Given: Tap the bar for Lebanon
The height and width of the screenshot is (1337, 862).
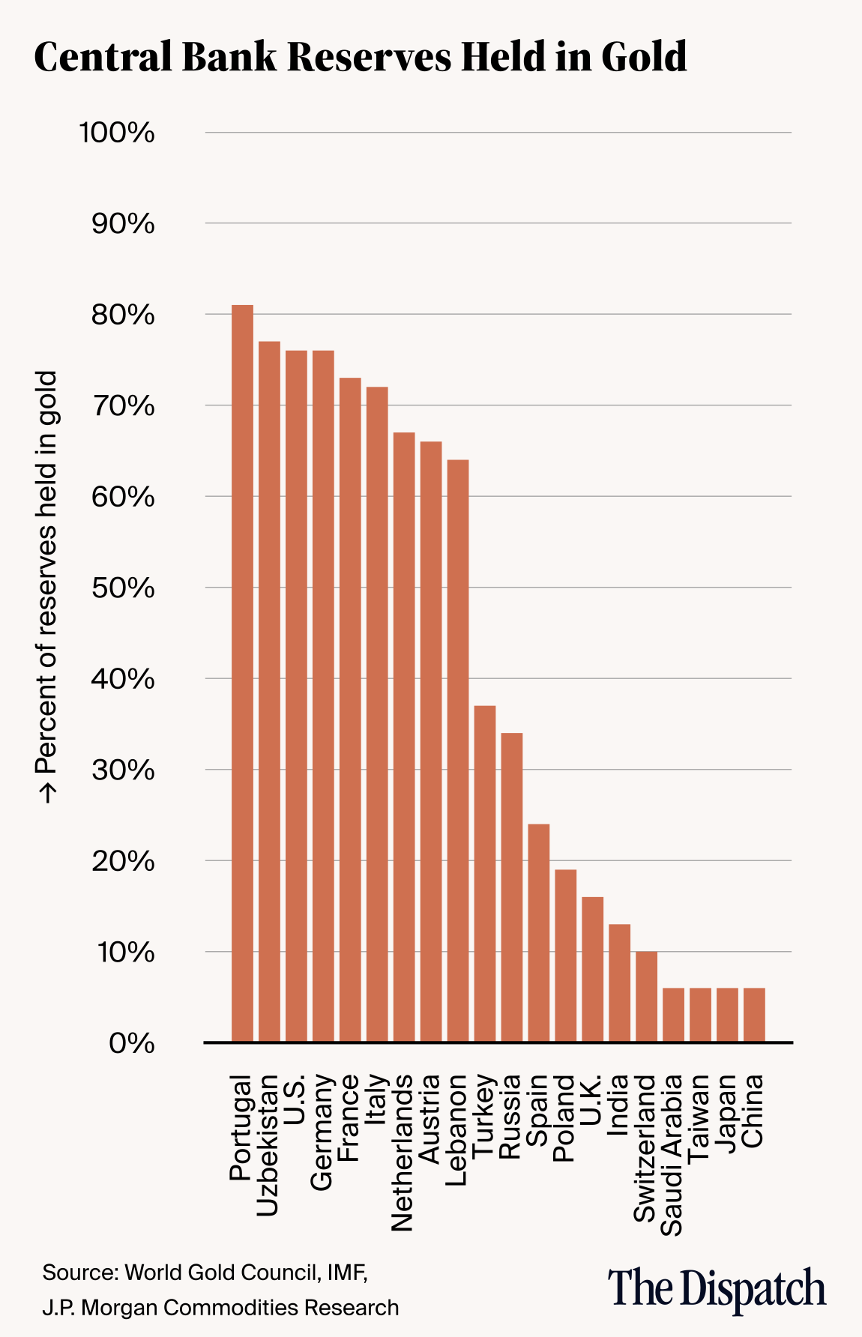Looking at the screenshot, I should pyautogui.click(x=458, y=750).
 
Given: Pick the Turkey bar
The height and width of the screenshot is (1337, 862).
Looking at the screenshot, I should pyautogui.click(x=485, y=873).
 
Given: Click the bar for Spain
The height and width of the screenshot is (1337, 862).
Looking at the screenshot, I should pyautogui.click(x=539, y=932).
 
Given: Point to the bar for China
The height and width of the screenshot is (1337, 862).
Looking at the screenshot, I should pyautogui.click(x=754, y=1015).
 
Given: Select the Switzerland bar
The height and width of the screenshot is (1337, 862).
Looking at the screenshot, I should pyautogui.click(x=646, y=996).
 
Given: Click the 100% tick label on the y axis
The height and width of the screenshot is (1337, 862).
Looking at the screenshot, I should pyautogui.click(x=117, y=133).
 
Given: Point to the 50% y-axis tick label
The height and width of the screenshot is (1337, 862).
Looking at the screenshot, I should pyautogui.click(x=123, y=588).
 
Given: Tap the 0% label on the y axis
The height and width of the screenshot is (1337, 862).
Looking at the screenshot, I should pyautogui.click(x=132, y=1043).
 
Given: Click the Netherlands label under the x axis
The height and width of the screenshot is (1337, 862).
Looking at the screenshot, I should pyautogui.click(x=403, y=1153).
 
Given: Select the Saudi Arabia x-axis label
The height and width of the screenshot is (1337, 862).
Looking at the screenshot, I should pyautogui.click(x=672, y=1155).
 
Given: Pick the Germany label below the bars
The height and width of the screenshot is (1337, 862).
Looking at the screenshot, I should pyautogui.click(x=322, y=1132).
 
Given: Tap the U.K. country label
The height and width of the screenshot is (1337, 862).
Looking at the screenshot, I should pyautogui.click(x=591, y=1101).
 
